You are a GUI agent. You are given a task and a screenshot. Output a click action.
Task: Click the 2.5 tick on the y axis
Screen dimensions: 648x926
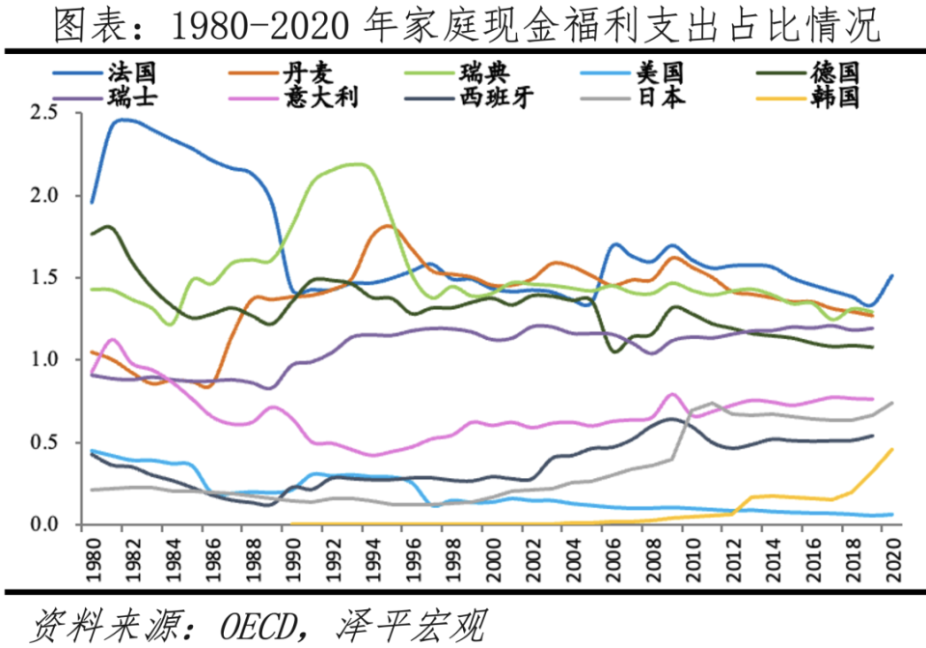point(45,113)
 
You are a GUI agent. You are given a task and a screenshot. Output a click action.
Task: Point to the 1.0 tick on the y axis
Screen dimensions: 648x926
point(45,360)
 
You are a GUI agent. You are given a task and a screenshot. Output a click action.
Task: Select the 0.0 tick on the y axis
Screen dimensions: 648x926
point(45,525)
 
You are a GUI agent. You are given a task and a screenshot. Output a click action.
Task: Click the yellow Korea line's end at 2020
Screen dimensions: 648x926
point(890,449)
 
